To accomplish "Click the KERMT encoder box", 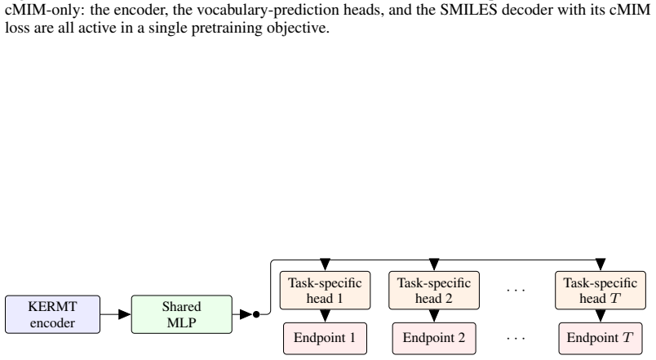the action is [x=53, y=314].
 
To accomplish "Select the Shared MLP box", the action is [x=182, y=314].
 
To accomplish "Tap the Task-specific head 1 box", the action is [x=325, y=291].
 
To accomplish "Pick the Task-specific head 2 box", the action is [x=434, y=291].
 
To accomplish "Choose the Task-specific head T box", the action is [x=601, y=291].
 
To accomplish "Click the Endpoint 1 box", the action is [x=325, y=338].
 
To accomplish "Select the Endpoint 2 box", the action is [x=434, y=338].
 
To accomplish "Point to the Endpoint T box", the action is [x=601, y=338].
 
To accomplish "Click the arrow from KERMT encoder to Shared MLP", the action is [x=116, y=314].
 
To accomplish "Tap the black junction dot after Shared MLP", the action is [x=256, y=314].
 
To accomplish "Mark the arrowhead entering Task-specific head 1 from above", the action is [x=325, y=265].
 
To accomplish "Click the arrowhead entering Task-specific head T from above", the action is [x=601, y=265].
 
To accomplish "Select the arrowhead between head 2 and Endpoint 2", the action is [x=434, y=316].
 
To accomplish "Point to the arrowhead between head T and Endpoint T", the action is [x=601, y=316].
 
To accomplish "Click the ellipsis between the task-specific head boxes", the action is [x=516, y=290].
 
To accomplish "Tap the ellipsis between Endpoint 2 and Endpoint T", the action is [x=516, y=338].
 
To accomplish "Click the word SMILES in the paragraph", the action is [x=468, y=9].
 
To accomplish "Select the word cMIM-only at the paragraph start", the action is [x=44, y=9].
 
